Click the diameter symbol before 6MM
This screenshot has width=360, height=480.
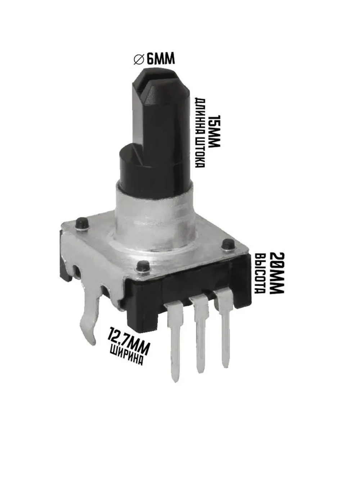(139, 59)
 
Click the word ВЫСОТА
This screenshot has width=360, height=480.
(260, 274)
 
